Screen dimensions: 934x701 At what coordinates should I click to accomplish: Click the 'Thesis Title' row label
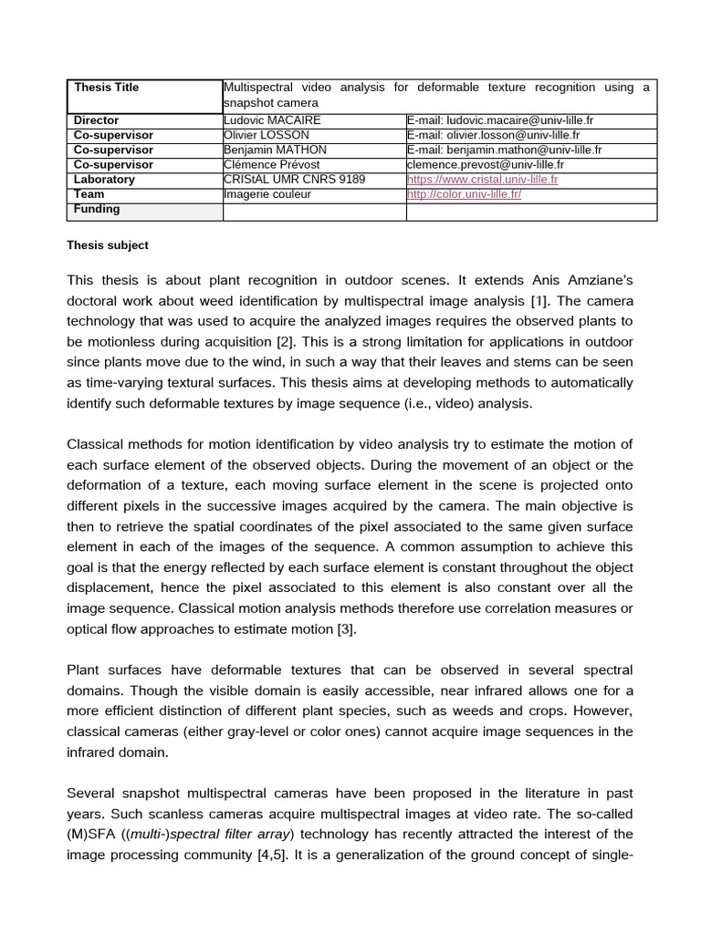[x=107, y=88]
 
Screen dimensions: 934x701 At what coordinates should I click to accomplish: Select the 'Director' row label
[x=96, y=120]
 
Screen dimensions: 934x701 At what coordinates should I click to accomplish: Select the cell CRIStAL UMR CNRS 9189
[x=294, y=180]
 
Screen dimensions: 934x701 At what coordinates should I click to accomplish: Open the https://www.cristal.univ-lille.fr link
[x=482, y=180]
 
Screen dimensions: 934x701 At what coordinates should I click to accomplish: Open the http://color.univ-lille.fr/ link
[x=464, y=194]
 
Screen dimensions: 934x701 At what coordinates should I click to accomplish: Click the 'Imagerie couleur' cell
[x=267, y=194]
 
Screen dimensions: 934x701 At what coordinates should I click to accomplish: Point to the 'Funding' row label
[x=97, y=209]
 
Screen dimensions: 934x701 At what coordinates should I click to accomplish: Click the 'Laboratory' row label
[x=104, y=180]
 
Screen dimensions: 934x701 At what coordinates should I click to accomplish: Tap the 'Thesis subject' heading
[x=108, y=245]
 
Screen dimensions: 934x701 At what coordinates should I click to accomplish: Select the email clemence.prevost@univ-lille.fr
[x=485, y=165]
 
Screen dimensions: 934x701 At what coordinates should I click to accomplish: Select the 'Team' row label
[x=89, y=194]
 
